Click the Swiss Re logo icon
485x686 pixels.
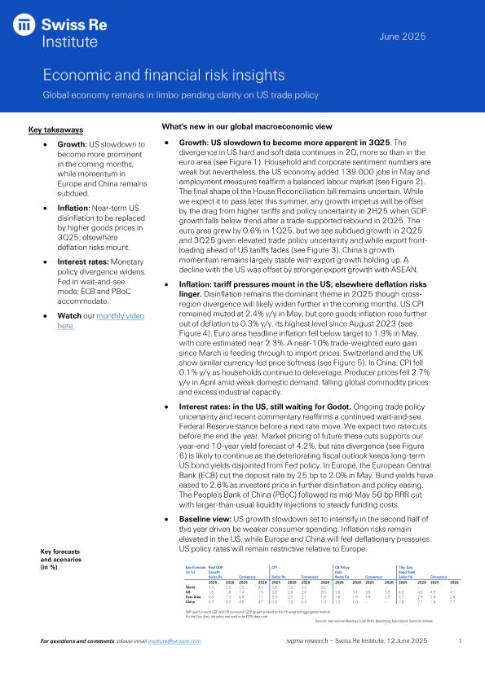[x=27, y=28]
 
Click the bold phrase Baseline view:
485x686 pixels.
[x=205, y=517]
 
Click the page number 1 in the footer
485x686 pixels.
[x=460, y=665]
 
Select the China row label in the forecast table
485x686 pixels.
[x=191, y=600]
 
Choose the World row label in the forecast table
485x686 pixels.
[x=191, y=585]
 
